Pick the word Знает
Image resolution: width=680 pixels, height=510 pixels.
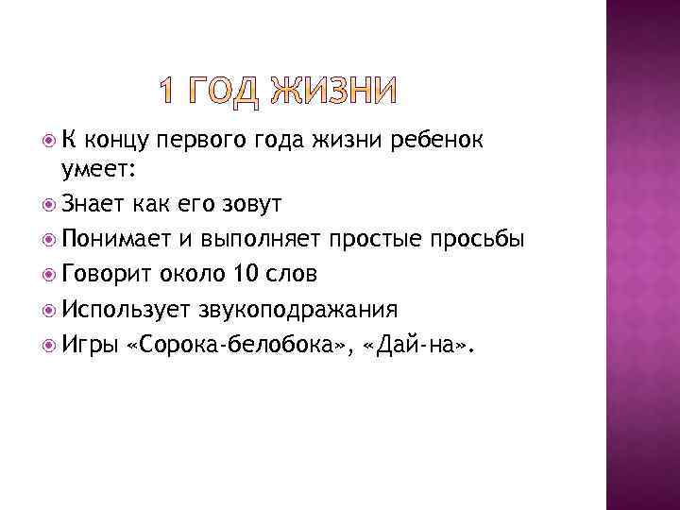pyautogui.click(x=92, y=204)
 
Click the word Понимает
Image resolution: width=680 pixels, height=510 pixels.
pyautogui.click(x=115, y=239)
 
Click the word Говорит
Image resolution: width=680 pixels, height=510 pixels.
pyautogui.click(x=105, y=274)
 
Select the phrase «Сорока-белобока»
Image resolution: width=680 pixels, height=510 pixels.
pyautogui.click(x=240, y=344)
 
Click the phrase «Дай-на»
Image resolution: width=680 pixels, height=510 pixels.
pyautogui.click(x=421, y=344)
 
